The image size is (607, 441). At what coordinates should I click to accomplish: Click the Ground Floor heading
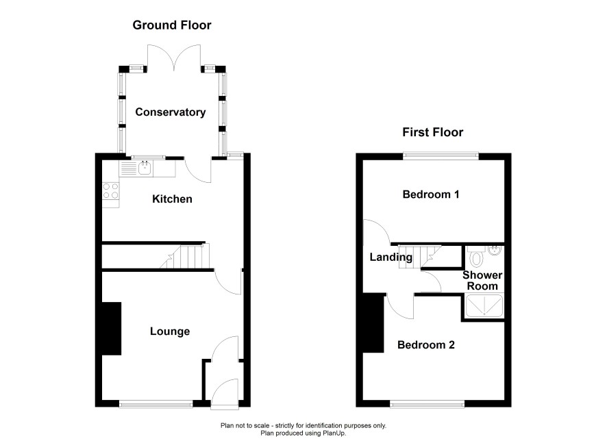pyautogui.click(x=172, y=25)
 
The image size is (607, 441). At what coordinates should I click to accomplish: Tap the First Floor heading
pyautogui.click(x=432, y=132)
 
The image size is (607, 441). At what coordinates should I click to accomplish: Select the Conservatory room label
pyautogui.click(x=171, y=112)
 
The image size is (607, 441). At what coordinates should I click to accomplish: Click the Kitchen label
pyautogui.click(x=172, y=199)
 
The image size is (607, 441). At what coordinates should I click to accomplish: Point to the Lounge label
pyautogui.click(x=170, y=331)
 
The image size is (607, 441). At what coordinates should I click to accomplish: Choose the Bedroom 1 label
pyautogui.click(x=431, y=194)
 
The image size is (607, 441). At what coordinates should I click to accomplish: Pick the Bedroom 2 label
pyautogui.click(x=426, y=344)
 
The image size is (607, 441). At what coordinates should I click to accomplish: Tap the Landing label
pyautogui.click(x=391, y=257)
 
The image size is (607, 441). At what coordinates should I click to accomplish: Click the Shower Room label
pyautogui.click(x=482, y=281)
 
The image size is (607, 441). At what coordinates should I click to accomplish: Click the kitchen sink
pyautogui.click(x=145, y=168)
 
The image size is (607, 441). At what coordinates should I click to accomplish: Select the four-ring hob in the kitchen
pyautogui.click(x=111, y=191)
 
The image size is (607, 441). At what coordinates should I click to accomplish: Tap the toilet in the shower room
pyautogui.click(x=476, y=257)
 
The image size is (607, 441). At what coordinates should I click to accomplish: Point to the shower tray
pyautogui.click(x=484, y=306)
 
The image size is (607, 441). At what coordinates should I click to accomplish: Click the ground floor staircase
pyautogui.click(x=186, y=255)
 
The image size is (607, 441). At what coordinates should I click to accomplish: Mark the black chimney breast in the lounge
pyautogui.click(x=112, y=329)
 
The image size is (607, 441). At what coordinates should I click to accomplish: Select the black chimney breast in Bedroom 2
pyautogui.click(x=373, y=323)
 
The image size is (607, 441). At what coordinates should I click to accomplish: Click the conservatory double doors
pyautogui.click(x=174, y=58)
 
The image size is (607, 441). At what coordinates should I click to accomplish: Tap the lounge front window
pyautogui.click(x=156, y=405)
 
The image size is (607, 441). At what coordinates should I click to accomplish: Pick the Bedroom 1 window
pyautogui.click(x=441, y=156)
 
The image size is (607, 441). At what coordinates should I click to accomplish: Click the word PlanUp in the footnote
pyautogui.click(x=335, y=433)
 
